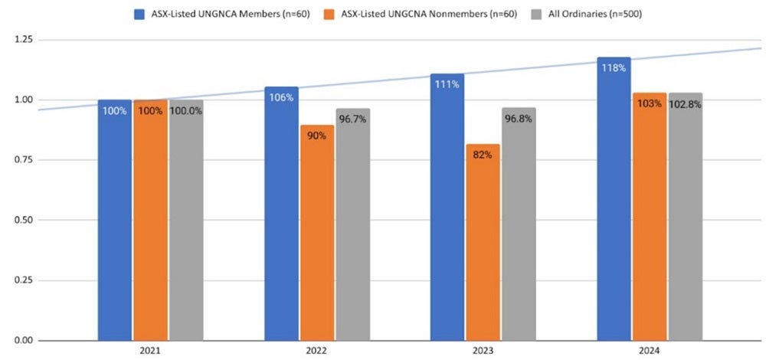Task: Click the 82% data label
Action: [483, 155]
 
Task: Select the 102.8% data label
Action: [686, 103]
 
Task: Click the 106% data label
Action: [281, 97]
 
